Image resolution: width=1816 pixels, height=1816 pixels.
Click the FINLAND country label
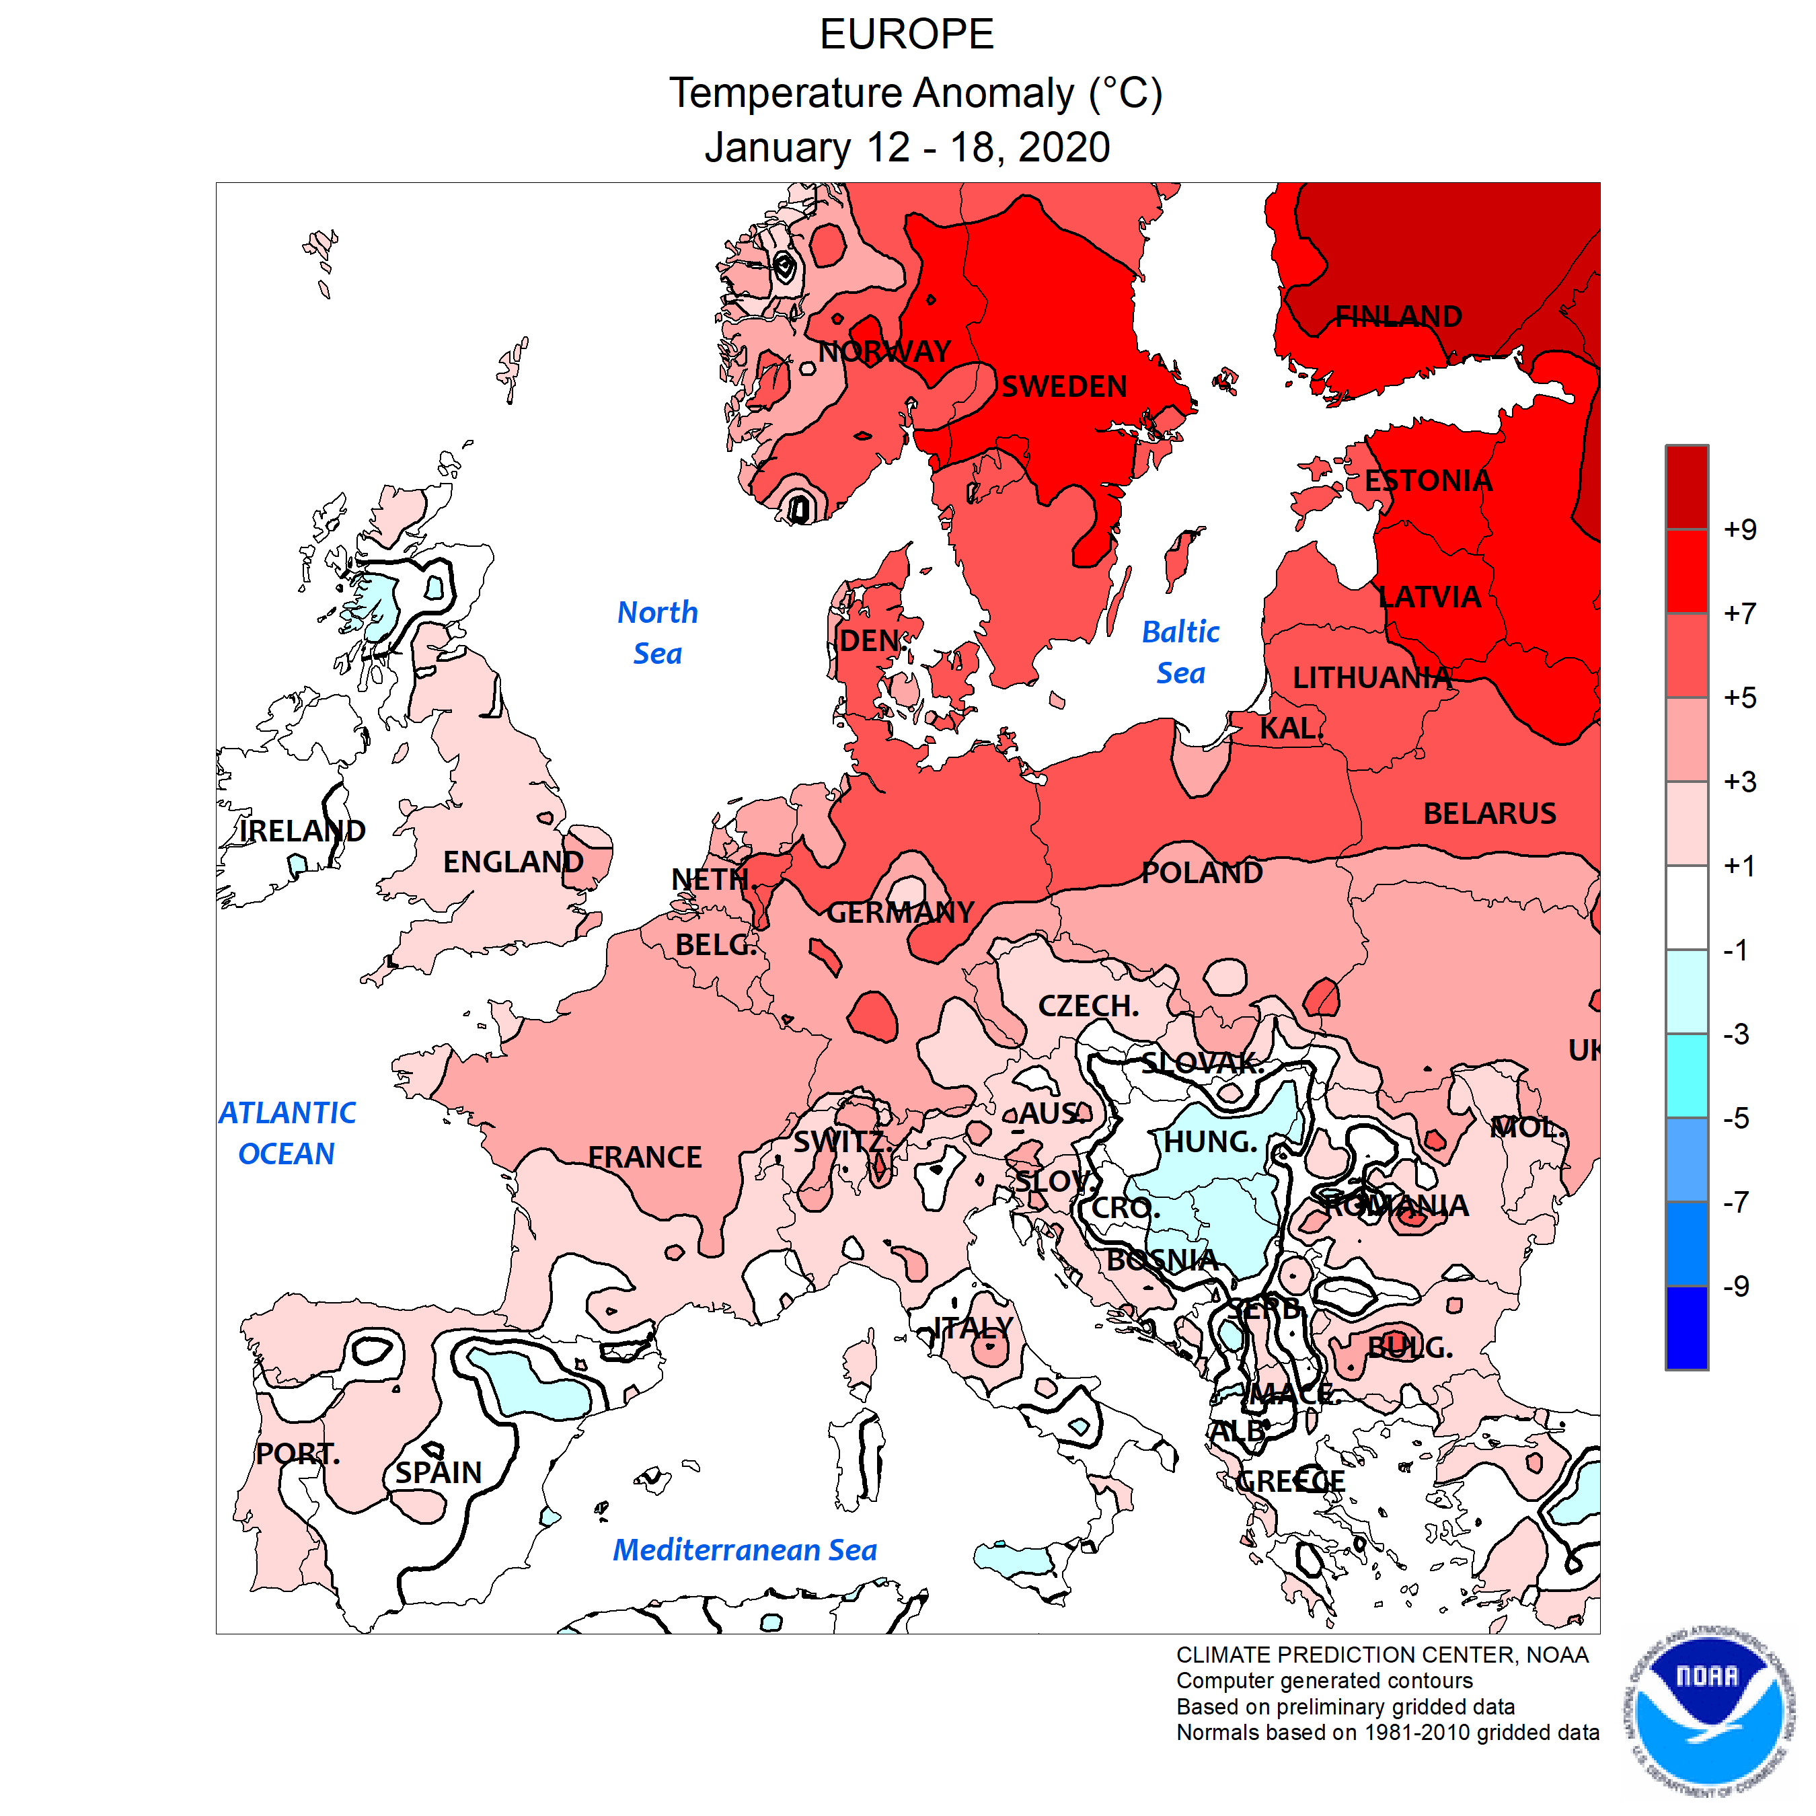[1398, 317]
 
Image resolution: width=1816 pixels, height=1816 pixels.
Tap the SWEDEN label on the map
[1063, 386]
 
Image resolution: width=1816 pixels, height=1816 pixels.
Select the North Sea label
[657, 633]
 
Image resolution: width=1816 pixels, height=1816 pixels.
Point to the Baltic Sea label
[1180, 652]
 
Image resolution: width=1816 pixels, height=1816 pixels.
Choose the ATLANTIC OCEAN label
[287, 1133]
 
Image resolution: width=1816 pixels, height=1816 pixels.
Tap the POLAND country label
[1201, 873]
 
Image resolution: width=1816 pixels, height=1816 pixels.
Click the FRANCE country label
[645, 1157]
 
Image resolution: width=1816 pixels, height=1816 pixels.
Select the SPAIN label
[438, 1472]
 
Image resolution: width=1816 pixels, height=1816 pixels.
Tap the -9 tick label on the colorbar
[1735, 1286]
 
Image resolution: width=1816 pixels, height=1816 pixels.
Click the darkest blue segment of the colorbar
[1686, 1327]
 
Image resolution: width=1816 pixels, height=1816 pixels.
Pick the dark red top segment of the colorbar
[1686, 487]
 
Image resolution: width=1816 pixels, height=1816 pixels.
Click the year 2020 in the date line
[1063, 147]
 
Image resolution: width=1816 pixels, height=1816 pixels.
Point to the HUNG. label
[1210, 1142]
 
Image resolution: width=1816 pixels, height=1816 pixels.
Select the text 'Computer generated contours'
[1324, 1681]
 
